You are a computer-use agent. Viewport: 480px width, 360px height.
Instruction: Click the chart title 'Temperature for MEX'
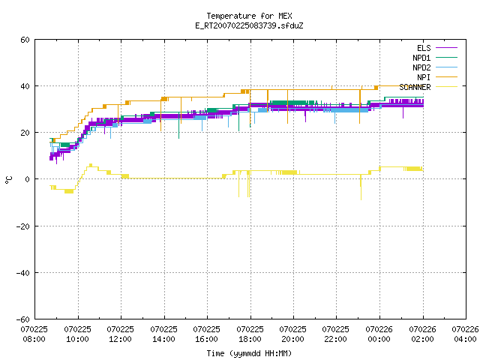pos(249,16)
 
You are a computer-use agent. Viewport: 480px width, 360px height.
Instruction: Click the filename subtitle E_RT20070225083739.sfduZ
pos(249,25)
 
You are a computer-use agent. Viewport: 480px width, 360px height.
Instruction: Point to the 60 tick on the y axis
pos(25,40)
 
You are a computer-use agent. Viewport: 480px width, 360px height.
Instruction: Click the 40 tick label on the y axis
pos(25,86)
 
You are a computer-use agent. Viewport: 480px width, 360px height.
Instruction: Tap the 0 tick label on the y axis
pos(28,179)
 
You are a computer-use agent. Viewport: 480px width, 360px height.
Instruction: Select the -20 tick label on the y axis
pos(23,226)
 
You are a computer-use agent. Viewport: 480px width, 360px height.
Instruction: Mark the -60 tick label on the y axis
pos(23,319)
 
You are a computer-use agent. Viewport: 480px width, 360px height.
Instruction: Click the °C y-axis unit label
pos(8,180)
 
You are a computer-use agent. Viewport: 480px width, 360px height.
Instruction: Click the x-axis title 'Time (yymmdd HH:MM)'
pos(249,353)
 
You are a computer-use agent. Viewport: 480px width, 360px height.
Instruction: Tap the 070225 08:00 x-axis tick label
pos(34,334)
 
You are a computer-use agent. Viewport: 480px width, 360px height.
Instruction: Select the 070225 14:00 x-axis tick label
pos(163,334)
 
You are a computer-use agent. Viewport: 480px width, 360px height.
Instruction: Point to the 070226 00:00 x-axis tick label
pos(379,334)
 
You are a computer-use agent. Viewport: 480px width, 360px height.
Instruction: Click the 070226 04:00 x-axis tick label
pos(465,334)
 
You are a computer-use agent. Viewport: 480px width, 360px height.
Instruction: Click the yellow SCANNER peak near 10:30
pos(91,165)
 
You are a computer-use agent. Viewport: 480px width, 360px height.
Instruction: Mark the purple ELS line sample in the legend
pos(446,48)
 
